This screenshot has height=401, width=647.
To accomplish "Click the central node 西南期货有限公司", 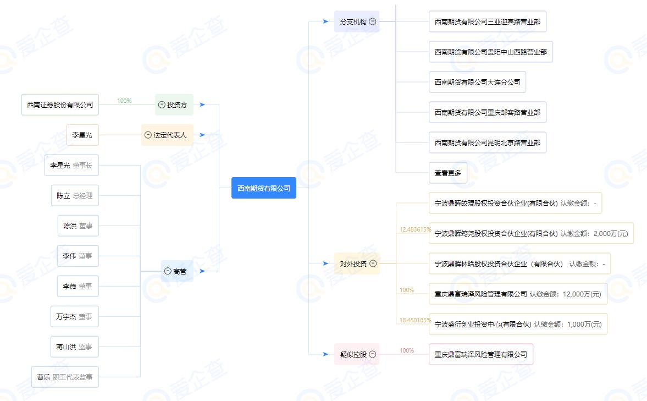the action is tap(263, 188).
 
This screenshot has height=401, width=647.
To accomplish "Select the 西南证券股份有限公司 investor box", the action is tap(60, 105).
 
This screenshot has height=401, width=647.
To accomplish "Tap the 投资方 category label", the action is tap(177, 105).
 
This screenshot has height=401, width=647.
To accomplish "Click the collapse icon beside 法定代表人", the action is tap(147, 135).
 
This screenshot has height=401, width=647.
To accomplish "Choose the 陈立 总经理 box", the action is tap(75, 195).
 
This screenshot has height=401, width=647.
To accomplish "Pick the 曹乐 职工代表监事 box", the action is tap(65, 377).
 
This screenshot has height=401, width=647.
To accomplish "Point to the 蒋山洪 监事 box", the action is tap(74, 347).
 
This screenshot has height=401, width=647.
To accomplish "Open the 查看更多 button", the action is tap(447, 173).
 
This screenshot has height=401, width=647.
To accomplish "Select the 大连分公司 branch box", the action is tap(477, 82).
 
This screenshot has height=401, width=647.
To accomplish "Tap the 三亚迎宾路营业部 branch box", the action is tap(487, 21).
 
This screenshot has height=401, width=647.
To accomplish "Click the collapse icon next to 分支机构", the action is tap(373, 21).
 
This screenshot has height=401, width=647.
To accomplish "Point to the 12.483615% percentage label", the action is tap(415, 229).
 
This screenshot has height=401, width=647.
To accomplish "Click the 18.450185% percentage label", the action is tap(415, 320).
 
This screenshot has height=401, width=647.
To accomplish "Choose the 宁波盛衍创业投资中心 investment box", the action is tap(518, 324).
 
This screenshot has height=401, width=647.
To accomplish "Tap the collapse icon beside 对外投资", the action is tap(373, 263).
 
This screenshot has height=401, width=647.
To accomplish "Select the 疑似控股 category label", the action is tap(353, 354).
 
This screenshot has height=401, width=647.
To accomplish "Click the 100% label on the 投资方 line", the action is tap(124, 101).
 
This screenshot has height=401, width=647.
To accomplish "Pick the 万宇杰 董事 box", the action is tap(74, 316).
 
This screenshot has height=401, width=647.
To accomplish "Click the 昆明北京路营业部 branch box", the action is tap(487, 142).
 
